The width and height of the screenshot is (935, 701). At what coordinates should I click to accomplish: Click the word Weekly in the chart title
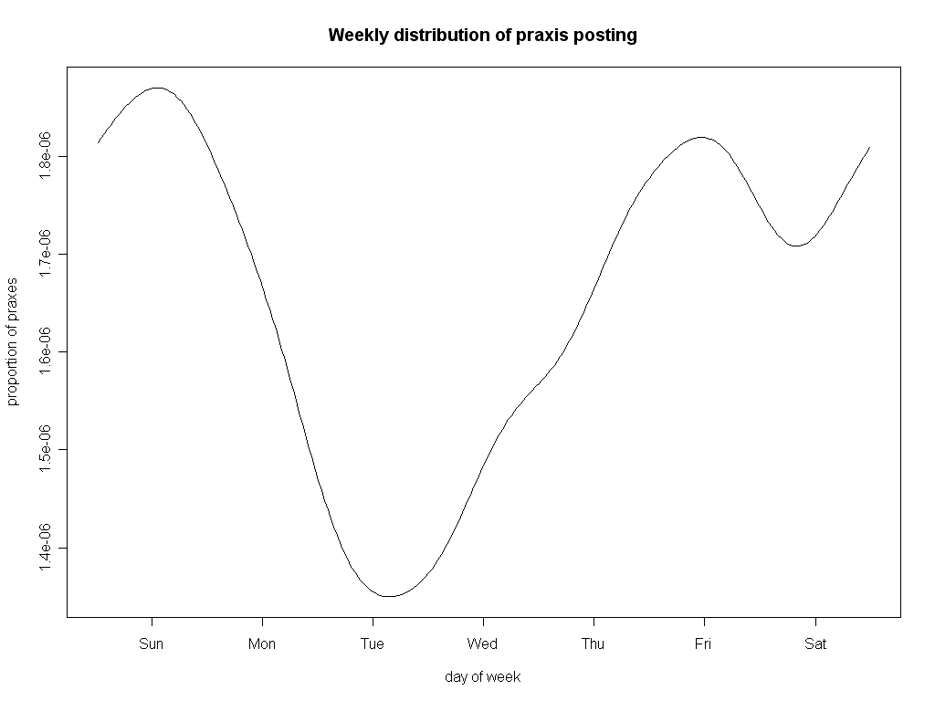pyautogui.click(x=357, y=36)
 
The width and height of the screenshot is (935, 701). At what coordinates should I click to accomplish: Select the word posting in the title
pyautogui.click(x=604, y=36)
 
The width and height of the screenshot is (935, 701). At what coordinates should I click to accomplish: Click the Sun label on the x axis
pyautogui.click(x=152, y=644)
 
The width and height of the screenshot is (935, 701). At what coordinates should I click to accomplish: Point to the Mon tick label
pyautogui.click(x=262, y=644)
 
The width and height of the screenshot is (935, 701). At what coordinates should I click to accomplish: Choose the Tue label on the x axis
pyautogui.click(x=373, y=644)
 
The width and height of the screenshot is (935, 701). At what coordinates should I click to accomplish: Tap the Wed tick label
pyautogui.click(x=483, y=644)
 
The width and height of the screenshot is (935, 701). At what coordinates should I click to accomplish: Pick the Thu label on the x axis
pyautogui.click(x=594, y=644)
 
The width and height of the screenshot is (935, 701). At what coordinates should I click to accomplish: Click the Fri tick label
pyautogui.click(x=703, y=644)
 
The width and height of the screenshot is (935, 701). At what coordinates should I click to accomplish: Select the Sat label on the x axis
pyautogui.click(x=815, y=644)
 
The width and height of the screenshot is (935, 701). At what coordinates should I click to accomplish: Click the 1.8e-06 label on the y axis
pyautogui.click(x=46, y=156)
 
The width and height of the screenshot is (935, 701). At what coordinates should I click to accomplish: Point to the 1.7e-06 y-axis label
pyautogui.click(x=46, y=254)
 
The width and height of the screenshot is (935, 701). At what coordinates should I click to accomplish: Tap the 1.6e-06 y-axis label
pyautogui.click(x=46, y=351)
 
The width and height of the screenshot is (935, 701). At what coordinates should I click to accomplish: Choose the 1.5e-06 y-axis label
pyautogui.click(x=46, y=449)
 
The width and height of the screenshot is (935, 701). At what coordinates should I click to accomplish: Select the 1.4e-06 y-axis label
pyautogui.click(x=46, y=548)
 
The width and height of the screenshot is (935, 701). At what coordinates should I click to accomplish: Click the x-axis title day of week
pyautogui.click(x=483, y=677)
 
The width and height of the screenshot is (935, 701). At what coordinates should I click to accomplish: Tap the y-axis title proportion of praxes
pyautogui.click(x=12, y=340)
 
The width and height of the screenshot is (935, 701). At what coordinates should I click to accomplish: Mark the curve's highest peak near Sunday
pyautogui.click(x=157, y=88)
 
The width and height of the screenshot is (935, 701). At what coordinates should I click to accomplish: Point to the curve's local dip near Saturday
pyautogui.click(x=796, y=246)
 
